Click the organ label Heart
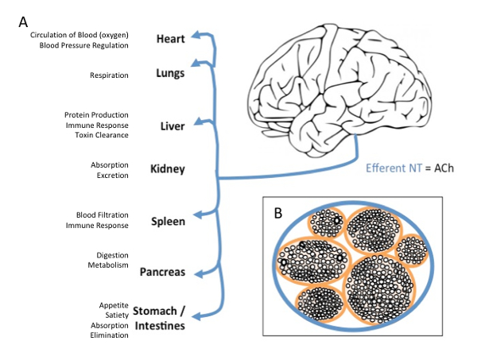pyautogui.click(x=171, y=39)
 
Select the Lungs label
pyautogui.click(x=170, y=73)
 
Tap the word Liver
pyautogui.click(x=173, y=126)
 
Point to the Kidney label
pyautogui.click(x=168, y=169)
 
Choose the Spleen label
pyautogui.click(x=169, y=222)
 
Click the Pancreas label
pyautogui.click(x=162, y=272)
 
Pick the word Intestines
pyautogui.click(x=160, y=326)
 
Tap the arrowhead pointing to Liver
pyautogui.click(x=198, y=121)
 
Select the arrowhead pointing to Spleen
pyautogui.click(x=198, y=215)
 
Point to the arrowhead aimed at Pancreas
pyautogui.click(x=198, y=274)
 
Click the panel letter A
pyautogui.click(x=23, y=22)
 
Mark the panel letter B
pyautogui.click(x=278, y=213)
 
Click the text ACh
pyautogui.click(x=444, y=168)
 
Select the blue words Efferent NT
pyautogui.click(x=394, y=168)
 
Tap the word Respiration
pyautogui.click(x=109, y=75)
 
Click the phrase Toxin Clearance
pyautogui.click(x=102, y=135)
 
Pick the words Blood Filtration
pyautogui.click(x=103, y=215)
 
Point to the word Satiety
pyautogui.click(x=117, y=315)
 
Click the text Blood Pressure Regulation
pyautogui.click(x=84, y=45)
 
